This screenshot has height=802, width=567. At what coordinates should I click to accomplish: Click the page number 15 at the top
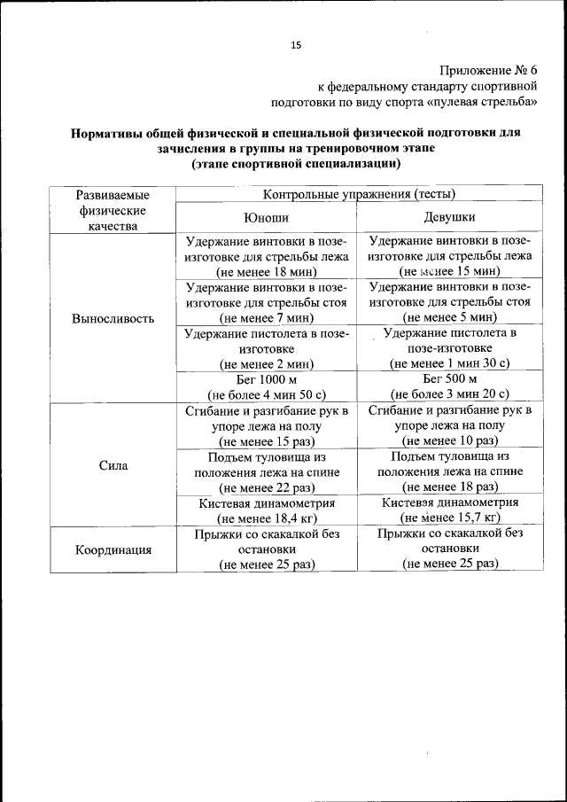point(296,45)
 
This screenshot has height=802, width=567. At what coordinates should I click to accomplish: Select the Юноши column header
point(266,217)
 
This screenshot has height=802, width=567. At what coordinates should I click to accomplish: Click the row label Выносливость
point(113,318)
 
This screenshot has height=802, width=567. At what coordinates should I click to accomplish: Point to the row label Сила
point(113,464)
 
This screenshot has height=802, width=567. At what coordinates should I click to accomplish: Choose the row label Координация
point(113,549)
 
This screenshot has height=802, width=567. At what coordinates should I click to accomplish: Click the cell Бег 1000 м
point(266,378)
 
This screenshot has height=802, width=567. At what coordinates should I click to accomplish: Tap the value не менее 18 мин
point(266,271)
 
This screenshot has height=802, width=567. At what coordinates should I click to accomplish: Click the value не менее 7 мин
point(266,317)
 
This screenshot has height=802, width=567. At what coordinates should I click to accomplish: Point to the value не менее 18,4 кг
point(266,518)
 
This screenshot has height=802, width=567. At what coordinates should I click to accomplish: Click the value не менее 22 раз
point(266,487)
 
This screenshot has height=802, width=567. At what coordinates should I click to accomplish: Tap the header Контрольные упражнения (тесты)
point(359,193)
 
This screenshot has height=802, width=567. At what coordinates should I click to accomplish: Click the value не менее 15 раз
point(266,440)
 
